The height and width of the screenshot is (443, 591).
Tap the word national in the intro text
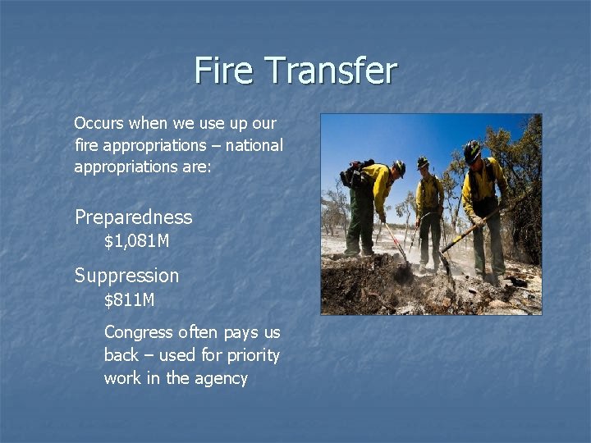click(254, 145)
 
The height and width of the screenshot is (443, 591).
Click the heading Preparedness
click(133, 217)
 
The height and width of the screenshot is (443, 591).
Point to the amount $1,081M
click(137, 242)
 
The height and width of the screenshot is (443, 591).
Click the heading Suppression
click(126, 276)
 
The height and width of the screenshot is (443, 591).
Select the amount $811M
click(129, 300)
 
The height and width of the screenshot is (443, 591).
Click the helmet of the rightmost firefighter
click(472, 150)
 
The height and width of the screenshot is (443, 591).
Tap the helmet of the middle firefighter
click(423, 162)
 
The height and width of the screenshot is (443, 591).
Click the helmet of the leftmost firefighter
click(399, 167)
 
